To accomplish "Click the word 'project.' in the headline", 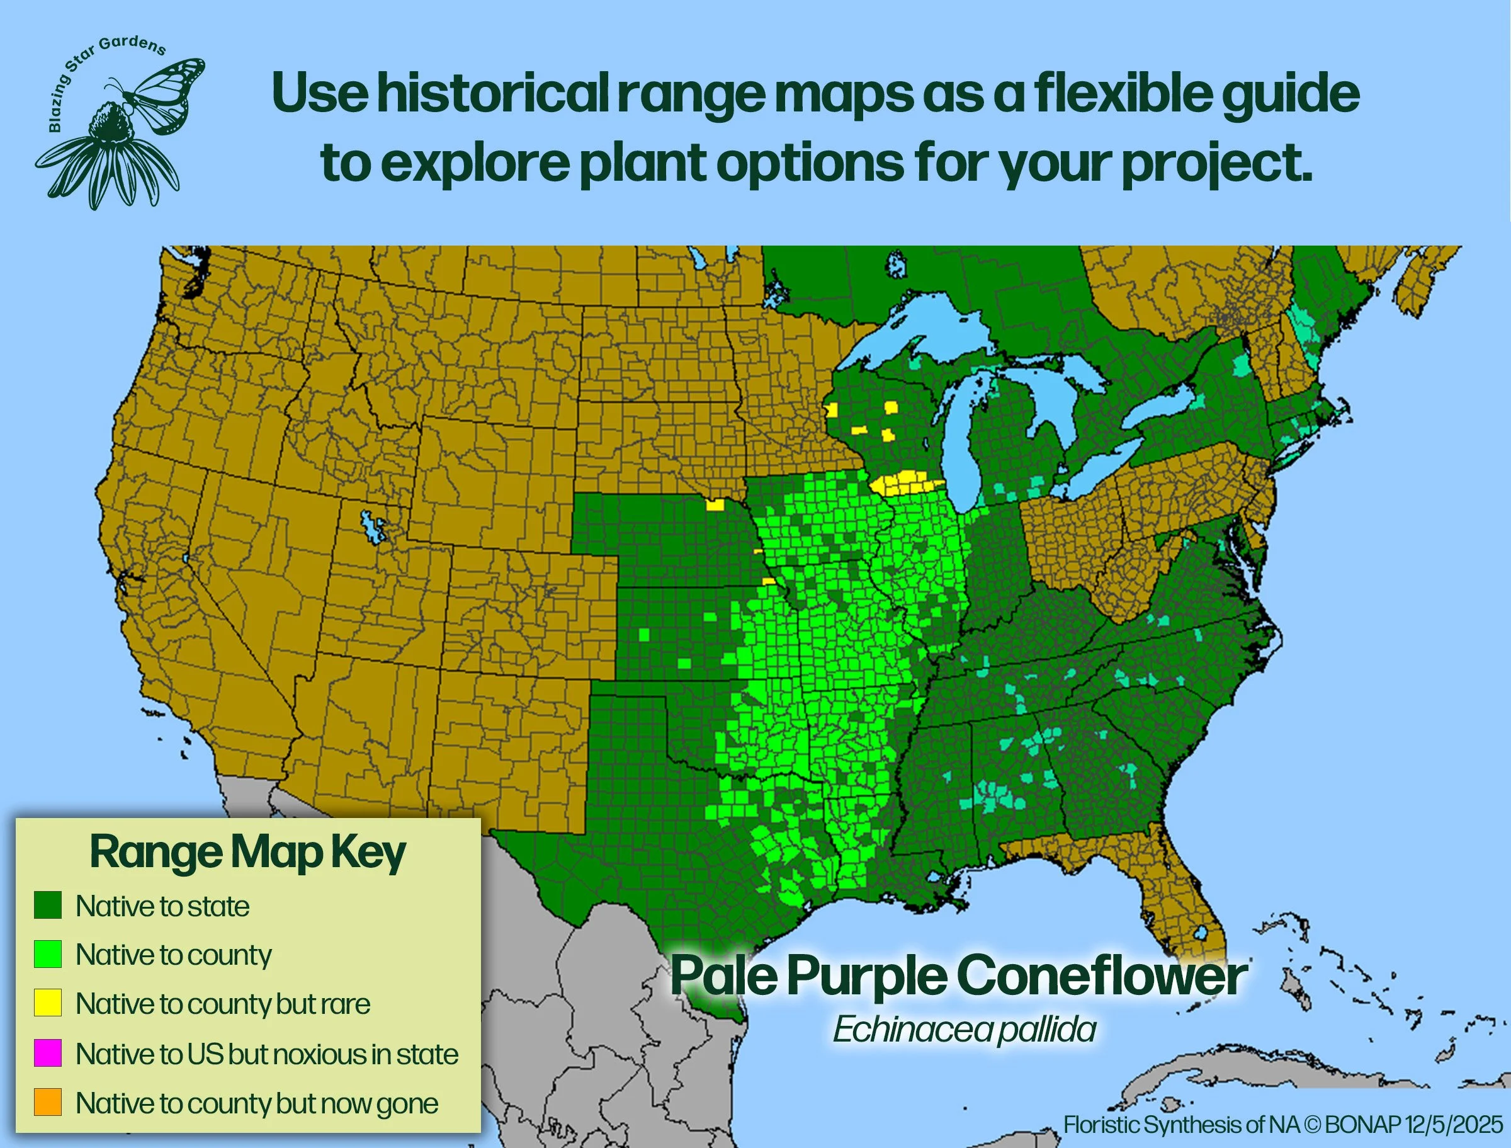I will click(x=1216, y=164).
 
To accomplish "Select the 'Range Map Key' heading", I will click(x=247, y=853).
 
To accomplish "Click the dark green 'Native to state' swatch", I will click(x=48, y=906).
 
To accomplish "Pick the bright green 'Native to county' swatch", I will click(x=48, y=954).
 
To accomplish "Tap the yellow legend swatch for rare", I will click(x=48, y=1003).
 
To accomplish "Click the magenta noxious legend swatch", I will click(x=48, y=1053).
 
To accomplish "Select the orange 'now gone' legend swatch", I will click(x=48, y=1102).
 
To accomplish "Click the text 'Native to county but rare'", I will click(x=223, y=1004).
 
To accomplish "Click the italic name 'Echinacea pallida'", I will click(x=964, y=1029).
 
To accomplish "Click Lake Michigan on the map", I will click(x=959, y=437).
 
